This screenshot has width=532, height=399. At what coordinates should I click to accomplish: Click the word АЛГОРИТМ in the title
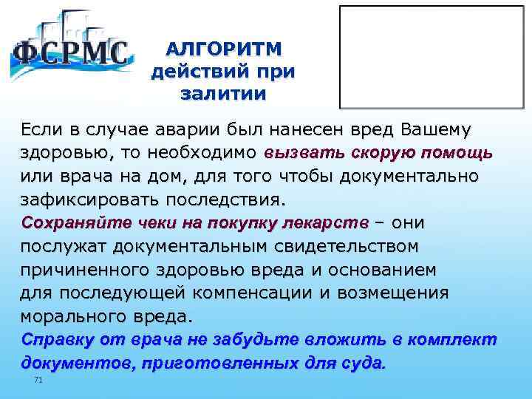[223, 50]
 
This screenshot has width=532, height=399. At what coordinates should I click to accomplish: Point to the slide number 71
[39, 380]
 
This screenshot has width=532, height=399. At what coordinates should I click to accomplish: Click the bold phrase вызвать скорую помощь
[378, 154]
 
